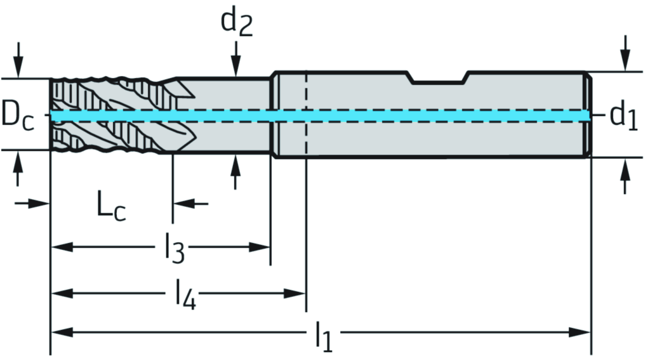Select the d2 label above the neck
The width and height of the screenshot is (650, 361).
click(236, 22)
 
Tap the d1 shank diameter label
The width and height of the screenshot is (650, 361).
click(623, 116)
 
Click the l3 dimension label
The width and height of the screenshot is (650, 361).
click(174, 247)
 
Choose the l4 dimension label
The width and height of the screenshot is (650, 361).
click(185, 294)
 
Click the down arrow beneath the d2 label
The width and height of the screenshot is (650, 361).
click(236, 63)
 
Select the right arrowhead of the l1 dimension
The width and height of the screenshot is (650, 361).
click(580, 332)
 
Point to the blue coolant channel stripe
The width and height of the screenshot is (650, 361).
click(381, 115)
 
